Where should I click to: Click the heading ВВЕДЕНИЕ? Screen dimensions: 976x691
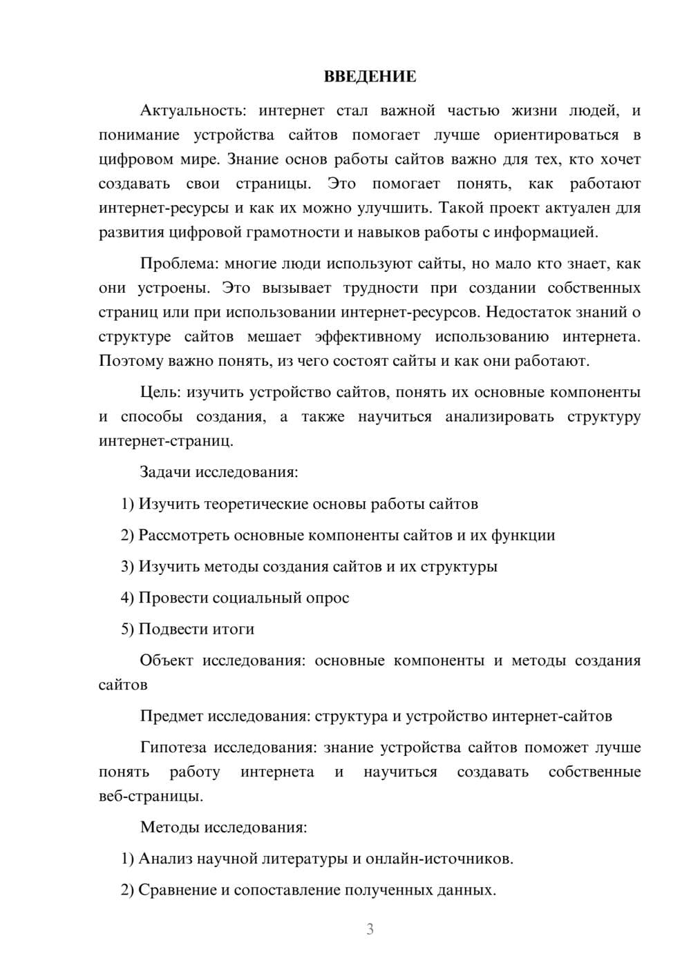[370, 77]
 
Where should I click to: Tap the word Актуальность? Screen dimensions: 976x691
[191, 110]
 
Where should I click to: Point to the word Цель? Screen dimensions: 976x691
[160, 393]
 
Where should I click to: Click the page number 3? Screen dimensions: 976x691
[370, 929]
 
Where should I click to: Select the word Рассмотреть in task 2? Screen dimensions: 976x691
[184, 535]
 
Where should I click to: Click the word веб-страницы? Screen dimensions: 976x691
[151, 797]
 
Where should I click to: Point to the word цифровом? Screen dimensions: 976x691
[129, 159]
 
